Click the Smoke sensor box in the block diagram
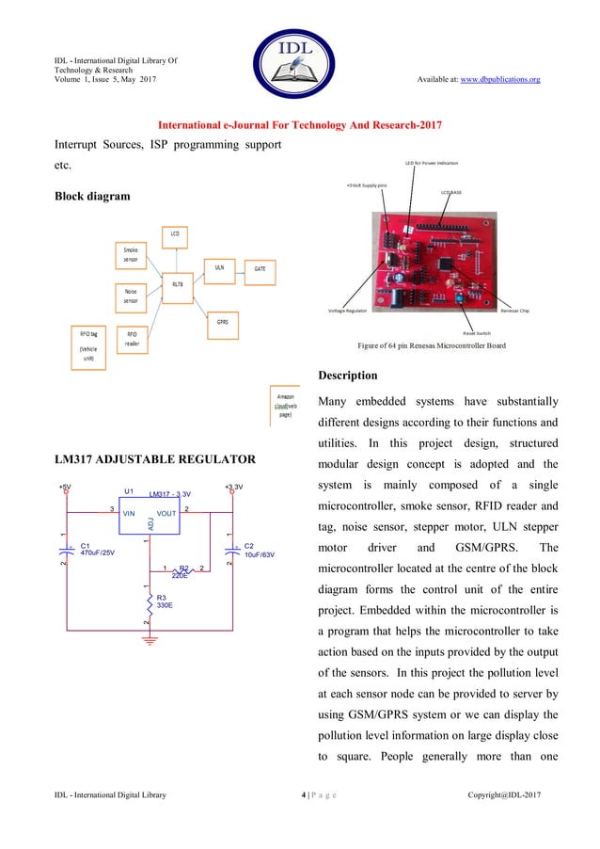pyautogui.click(x=131, y=253)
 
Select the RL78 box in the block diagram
pyautogui.click(x=176, y=283)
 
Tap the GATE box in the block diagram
pyautogui.click(x=260, y=268)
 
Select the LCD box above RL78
pyautogui.click(x=176, y=232)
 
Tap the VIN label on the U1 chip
pyautogui.click(x=129, y=514)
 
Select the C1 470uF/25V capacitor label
pyautogui.click(x=98, y=550)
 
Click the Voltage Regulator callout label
pyautogui.click(x=348, y=311)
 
